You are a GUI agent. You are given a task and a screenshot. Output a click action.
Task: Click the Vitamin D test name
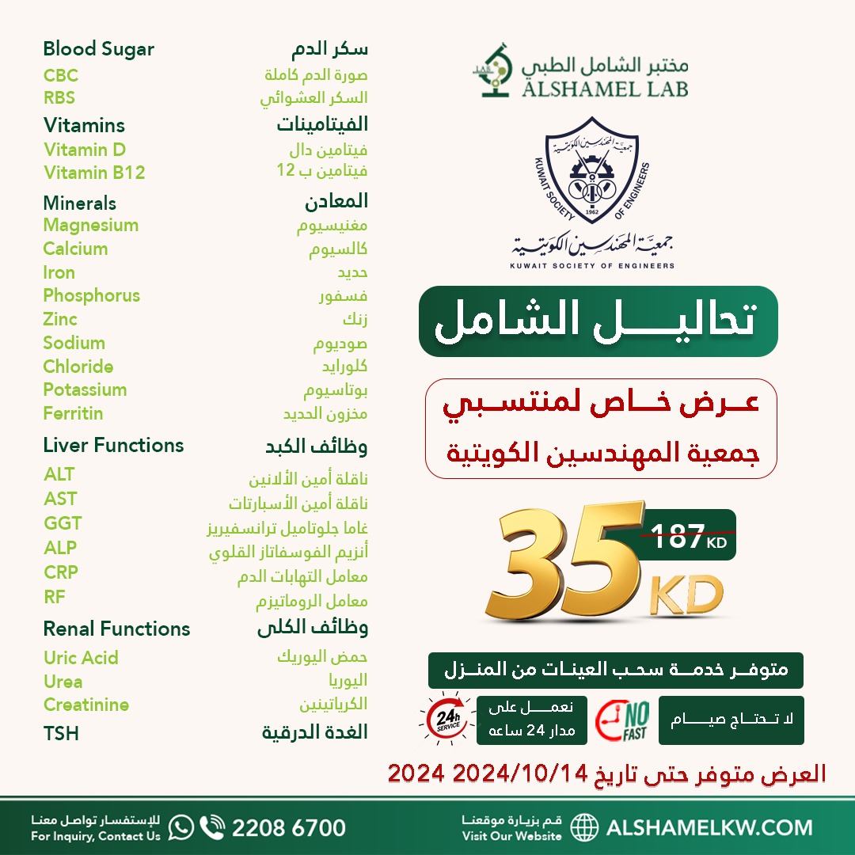point(85,150)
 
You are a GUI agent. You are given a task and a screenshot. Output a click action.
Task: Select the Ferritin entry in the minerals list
point(73,413)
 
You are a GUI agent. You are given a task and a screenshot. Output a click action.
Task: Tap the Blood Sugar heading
point(98,49)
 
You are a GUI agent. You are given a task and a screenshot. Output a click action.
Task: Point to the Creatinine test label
point(86,705)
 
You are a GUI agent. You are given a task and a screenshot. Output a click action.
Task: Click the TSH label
point(61,734)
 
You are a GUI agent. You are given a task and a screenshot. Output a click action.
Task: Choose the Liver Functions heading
point(113,446)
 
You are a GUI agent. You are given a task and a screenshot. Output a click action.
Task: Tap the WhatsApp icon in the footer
point(181,828)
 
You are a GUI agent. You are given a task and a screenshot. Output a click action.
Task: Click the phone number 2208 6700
point(288,828)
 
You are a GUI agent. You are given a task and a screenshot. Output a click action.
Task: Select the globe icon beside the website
point(584,828)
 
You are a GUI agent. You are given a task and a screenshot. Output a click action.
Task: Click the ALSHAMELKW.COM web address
point(709,828)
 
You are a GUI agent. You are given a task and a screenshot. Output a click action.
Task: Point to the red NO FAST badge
point(621,720)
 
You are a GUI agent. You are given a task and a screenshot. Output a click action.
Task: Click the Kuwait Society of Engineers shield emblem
point(591,173)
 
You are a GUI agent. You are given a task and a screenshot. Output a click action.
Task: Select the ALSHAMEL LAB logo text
point(604,85)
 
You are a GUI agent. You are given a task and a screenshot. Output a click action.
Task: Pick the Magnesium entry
point(91,226)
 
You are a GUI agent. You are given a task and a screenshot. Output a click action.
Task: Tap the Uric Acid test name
point(81,658)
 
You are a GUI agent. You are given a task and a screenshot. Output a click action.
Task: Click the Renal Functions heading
point(116,629)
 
